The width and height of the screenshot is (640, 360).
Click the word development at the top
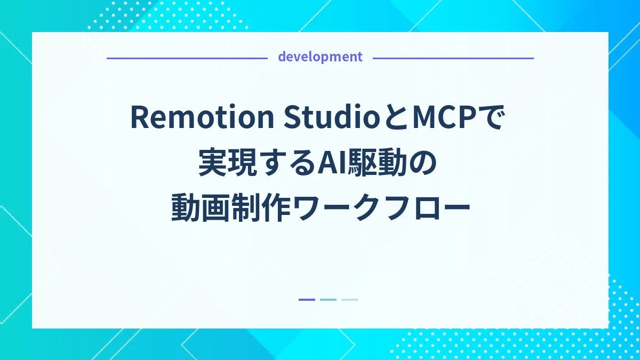click(320, 57)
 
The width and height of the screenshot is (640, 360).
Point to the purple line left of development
click(187, 58)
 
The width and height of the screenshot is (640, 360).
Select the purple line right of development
click(453, 58)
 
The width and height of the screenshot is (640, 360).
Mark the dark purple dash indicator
click(307, 300)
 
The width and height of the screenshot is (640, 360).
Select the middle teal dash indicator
click(328, 300)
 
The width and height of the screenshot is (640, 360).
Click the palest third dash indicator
click(349, 300)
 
